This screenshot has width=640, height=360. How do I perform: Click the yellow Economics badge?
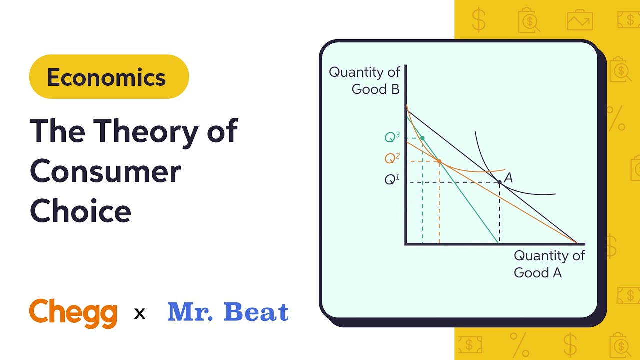[x=109, y=77]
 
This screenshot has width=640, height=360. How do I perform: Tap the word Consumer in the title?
[x=105, y=171]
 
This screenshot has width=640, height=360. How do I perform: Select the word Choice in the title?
[x=81, y=211]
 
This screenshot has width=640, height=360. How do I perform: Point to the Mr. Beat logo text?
[x=228, y=312]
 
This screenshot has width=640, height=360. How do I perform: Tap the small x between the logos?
[x=140, y=314]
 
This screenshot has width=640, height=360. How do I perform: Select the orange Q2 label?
[x=392, y=158]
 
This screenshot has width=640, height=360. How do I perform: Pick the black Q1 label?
[x=392, y=179]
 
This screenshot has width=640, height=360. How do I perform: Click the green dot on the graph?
[x=422, y=138]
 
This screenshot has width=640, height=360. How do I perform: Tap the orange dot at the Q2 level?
[x=439, y=161]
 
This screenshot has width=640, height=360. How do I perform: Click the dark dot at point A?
[x=499, y=182]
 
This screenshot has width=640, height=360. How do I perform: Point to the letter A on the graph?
[x=508, y=177]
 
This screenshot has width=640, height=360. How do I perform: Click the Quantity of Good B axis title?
[x=364, y=81]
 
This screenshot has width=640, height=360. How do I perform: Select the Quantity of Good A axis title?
[x=549, y=264]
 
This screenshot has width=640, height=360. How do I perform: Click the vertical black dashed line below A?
[x=499, y=215]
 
